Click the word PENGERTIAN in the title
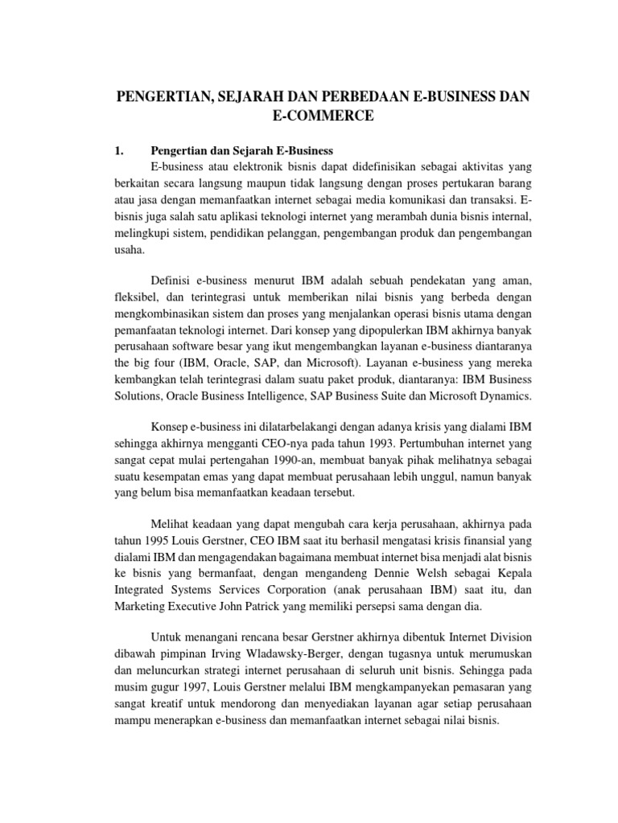pyautogui.click(x=155, y=97)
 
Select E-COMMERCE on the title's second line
pyautogui.click(x=324, y=117)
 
